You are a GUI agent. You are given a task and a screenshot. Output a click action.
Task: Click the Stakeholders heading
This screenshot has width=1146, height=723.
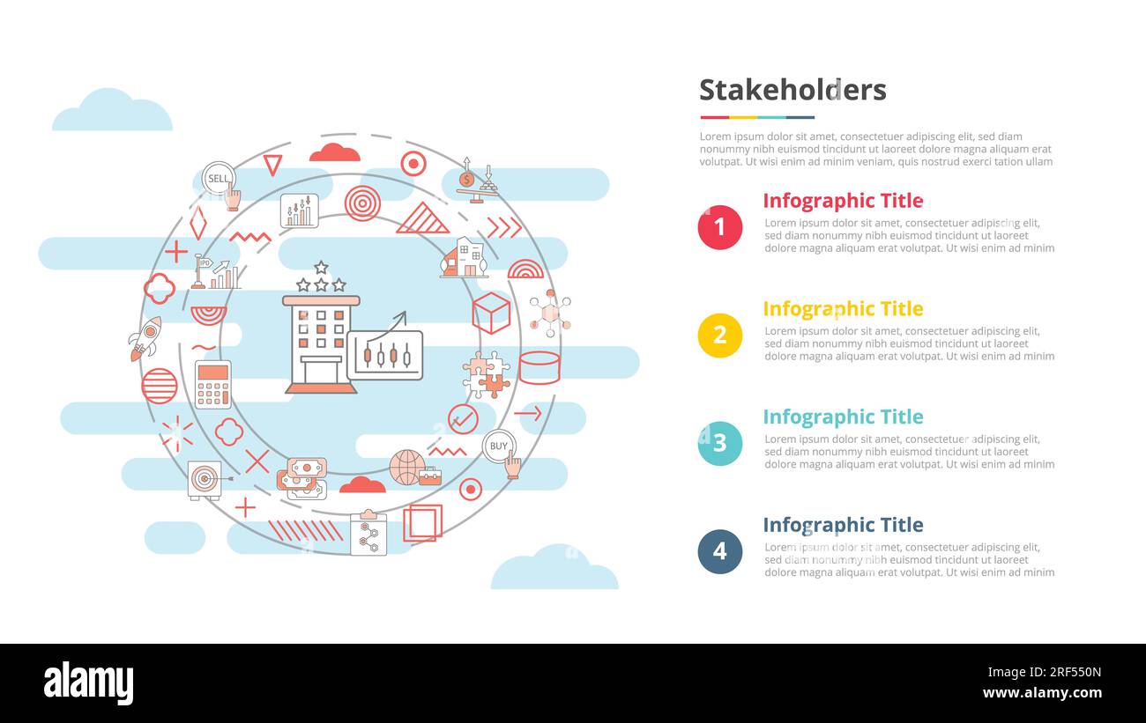tap(793, 90)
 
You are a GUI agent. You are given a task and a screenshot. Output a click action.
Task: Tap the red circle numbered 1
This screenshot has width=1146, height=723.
tap(719, 227)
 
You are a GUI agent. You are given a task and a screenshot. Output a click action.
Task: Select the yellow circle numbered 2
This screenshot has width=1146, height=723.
tap(719, 336)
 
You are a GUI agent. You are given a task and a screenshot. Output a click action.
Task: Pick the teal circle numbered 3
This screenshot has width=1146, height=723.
tap(719, 444)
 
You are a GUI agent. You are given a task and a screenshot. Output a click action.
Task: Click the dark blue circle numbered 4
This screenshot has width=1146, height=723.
tap(719, 552)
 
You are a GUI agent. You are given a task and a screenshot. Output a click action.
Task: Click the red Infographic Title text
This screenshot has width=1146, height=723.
tap(843, 201)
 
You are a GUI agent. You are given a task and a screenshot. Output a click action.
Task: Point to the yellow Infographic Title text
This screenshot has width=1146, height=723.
tap(843, 309)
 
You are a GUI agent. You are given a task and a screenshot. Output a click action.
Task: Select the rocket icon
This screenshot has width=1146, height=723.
tap(146, 338)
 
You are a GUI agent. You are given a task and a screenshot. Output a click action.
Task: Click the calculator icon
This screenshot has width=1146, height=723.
tap(212, 384)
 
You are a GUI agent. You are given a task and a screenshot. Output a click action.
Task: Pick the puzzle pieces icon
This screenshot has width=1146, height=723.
tap(486, 374)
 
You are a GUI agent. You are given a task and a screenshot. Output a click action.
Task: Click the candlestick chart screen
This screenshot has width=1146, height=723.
tap(385, 355)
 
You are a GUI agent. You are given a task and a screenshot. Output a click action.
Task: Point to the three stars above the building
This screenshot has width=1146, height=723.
tap(321, 278)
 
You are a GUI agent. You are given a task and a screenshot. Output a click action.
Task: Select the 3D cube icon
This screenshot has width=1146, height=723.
tap(491, 313)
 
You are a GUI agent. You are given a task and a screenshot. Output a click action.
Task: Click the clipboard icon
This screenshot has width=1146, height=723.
tap(368, 534)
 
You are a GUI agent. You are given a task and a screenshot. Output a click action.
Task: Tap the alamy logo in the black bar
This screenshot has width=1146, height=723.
tap(88, 683)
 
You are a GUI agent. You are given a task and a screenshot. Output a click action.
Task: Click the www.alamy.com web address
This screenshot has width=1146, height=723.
tap(1042, 693)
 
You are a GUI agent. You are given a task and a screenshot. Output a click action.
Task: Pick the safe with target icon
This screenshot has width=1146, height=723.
tap(205, 480)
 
